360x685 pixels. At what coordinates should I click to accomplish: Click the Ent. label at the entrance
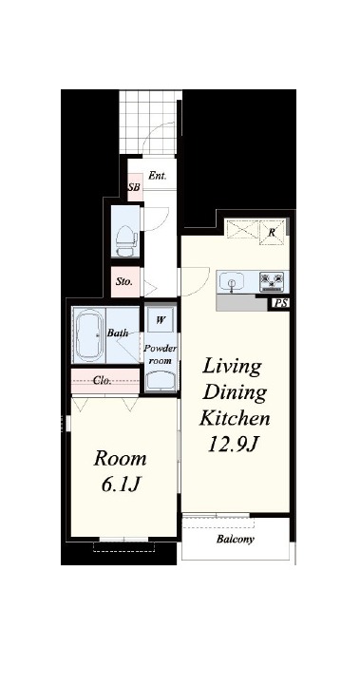point(157,176)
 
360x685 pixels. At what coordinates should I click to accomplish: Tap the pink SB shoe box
point(135,187)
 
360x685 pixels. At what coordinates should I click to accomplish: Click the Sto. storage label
point(124,282)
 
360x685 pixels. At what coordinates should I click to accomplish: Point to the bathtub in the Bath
point(89,334)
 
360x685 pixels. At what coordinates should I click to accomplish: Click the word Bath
point(118,333)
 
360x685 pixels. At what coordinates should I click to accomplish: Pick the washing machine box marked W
point(161,320)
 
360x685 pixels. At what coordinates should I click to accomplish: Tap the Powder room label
point(161,354)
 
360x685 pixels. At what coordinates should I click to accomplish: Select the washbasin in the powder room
point(161,381)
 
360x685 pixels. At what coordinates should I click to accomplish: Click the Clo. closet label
point(103,380)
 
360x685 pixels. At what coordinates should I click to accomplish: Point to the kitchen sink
point(231,281)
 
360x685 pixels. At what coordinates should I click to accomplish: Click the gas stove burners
point(272,281)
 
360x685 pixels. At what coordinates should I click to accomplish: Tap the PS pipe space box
point(279,303)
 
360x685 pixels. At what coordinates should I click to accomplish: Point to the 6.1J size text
point(121,484)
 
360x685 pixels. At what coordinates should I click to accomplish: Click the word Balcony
point(236,539)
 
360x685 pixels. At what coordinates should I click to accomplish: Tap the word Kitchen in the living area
point(235,418)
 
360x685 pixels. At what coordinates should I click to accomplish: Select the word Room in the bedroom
point(120,459)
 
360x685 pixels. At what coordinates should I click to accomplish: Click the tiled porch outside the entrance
point(147,122)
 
